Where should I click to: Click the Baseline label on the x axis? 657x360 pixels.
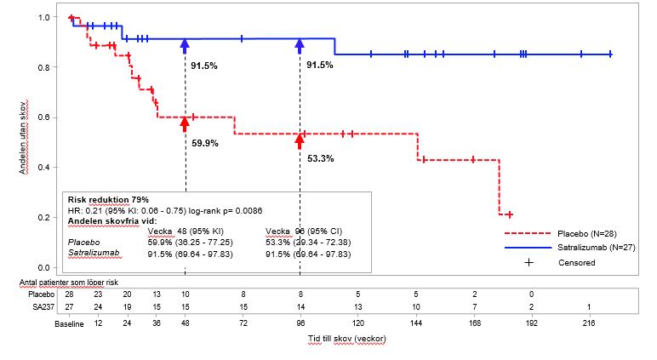click(x=69, y=324)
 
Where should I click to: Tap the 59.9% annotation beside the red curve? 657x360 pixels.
click(x=204, y=143)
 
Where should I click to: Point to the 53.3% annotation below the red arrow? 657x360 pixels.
click(x=320, y=158)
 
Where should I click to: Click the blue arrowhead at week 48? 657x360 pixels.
click(x=185, y=46)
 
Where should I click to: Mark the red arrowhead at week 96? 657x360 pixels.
click(x=300, y=139)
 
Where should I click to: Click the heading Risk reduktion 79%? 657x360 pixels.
click(x=108, y=199)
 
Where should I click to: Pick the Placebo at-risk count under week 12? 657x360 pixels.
click(x=99, y=294)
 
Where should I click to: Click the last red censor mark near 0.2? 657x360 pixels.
click(x=508, y=214)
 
